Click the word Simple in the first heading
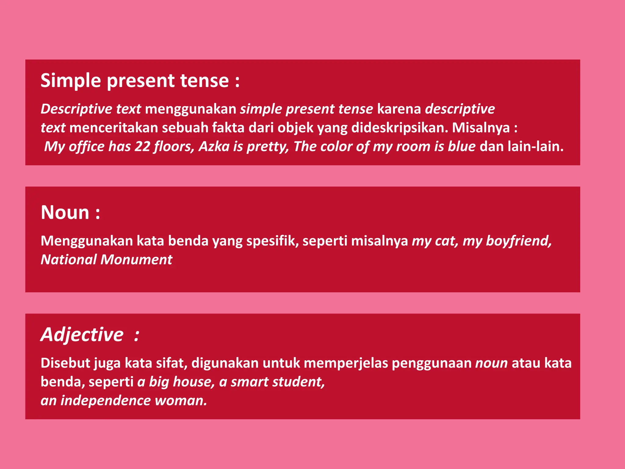point(70,81)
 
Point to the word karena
point(399,109)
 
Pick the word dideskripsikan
point(399,128)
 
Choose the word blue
point(461,147)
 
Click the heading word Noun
point(65,213)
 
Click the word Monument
point(136,260)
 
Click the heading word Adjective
point(82,335)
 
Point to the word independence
point(105,401)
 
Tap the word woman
point(180,401)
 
